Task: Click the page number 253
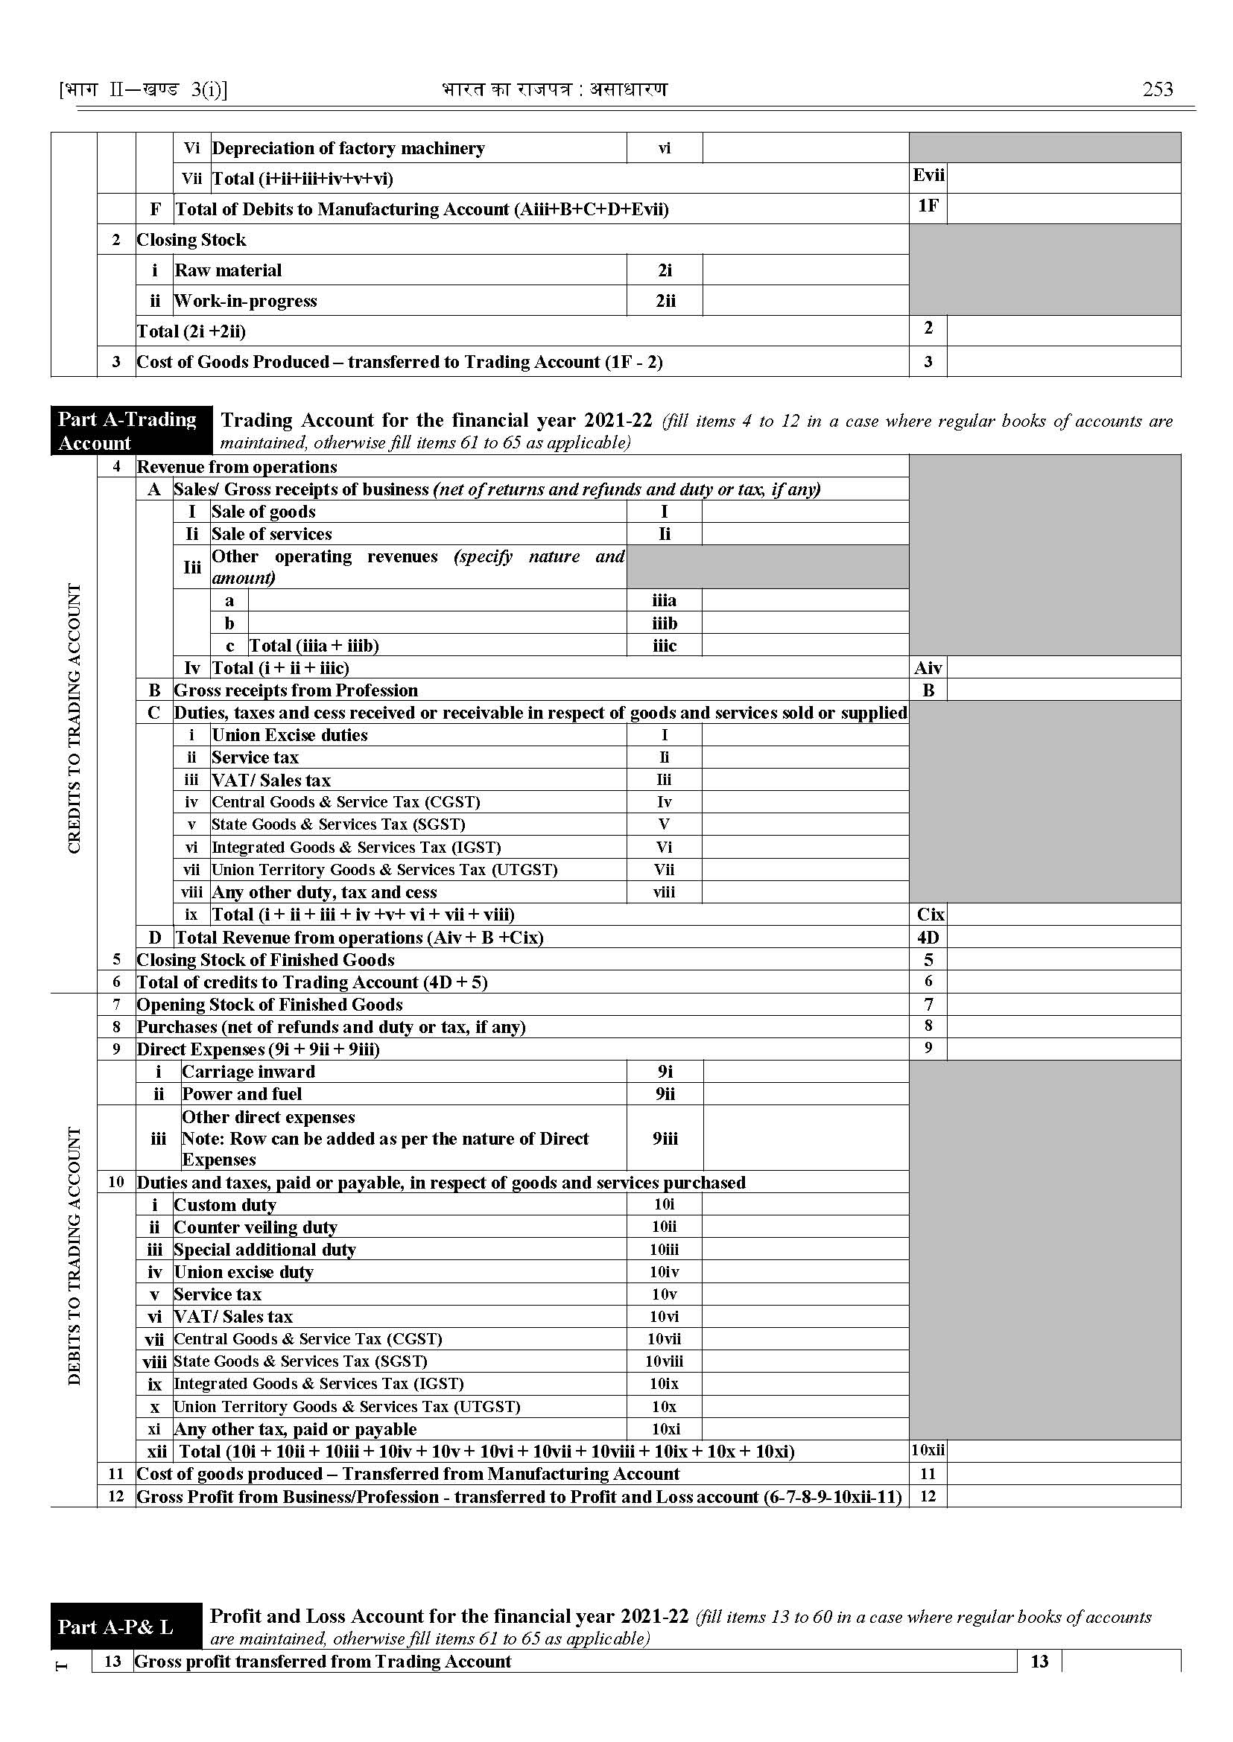1157,89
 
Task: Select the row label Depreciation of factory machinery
348,148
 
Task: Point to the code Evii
928,175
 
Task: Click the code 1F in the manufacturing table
928,206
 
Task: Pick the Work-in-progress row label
245,301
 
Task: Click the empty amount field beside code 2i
805,270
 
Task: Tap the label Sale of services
271,533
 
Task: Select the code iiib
665,623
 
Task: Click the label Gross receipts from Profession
296,690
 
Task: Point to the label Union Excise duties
289,735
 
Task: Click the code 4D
928,938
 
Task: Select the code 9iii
665,1139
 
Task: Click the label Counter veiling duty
255,1227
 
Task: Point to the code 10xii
928,1451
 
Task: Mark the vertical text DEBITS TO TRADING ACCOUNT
75,1256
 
